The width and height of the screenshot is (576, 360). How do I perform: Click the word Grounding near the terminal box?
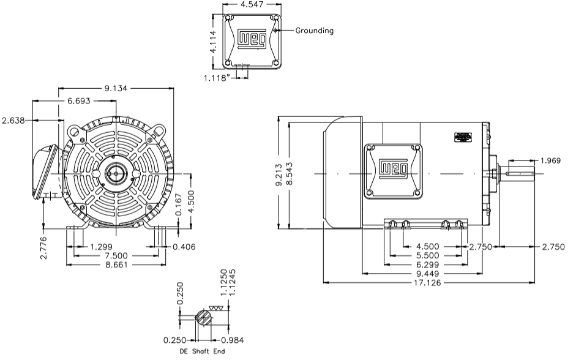(315, 31)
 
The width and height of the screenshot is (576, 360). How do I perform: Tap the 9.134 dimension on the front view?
(116, 88)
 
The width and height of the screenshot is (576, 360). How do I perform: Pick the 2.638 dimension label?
(14, 120)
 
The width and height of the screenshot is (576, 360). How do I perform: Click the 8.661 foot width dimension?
(115, 264)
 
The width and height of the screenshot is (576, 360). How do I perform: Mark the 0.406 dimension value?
(184, 247)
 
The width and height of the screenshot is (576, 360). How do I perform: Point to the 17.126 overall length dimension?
(427, 283)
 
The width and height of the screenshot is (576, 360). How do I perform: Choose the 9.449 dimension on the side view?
(427, 274)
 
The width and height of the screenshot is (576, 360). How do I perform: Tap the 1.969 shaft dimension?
(549, 161)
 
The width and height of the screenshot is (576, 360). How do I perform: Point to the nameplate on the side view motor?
(464, 137)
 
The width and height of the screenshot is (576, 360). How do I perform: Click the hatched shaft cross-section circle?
(203, 318)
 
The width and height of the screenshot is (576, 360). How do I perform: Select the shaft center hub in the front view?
(115, 173)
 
